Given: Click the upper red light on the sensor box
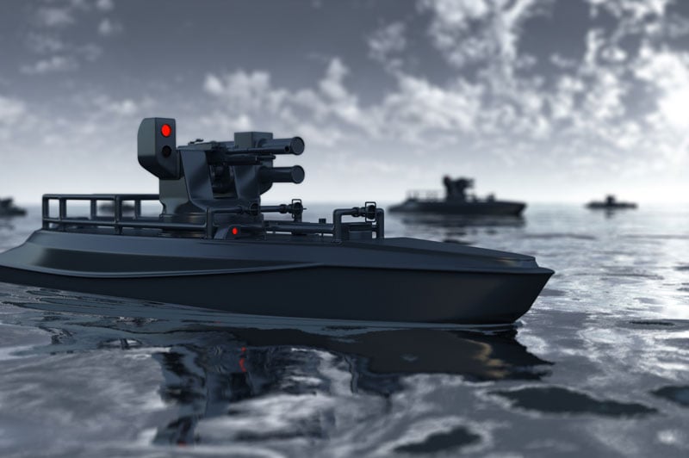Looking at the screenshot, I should point(166,130).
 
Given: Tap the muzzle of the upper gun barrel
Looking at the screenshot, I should point(296,145).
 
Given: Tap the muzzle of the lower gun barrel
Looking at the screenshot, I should point(296,175).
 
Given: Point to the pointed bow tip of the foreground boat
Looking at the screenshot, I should point(551,273).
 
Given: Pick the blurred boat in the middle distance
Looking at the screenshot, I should point(456,202).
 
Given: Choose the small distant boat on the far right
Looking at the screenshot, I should point(611,204).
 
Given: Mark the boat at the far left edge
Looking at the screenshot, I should point(10,207).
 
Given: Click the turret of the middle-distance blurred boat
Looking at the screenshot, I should point(456,187).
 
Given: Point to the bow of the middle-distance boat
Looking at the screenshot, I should point(521,206).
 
